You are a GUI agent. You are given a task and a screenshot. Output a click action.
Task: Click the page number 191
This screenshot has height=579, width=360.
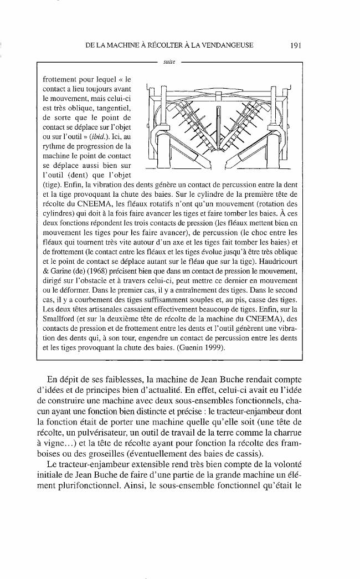294,46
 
